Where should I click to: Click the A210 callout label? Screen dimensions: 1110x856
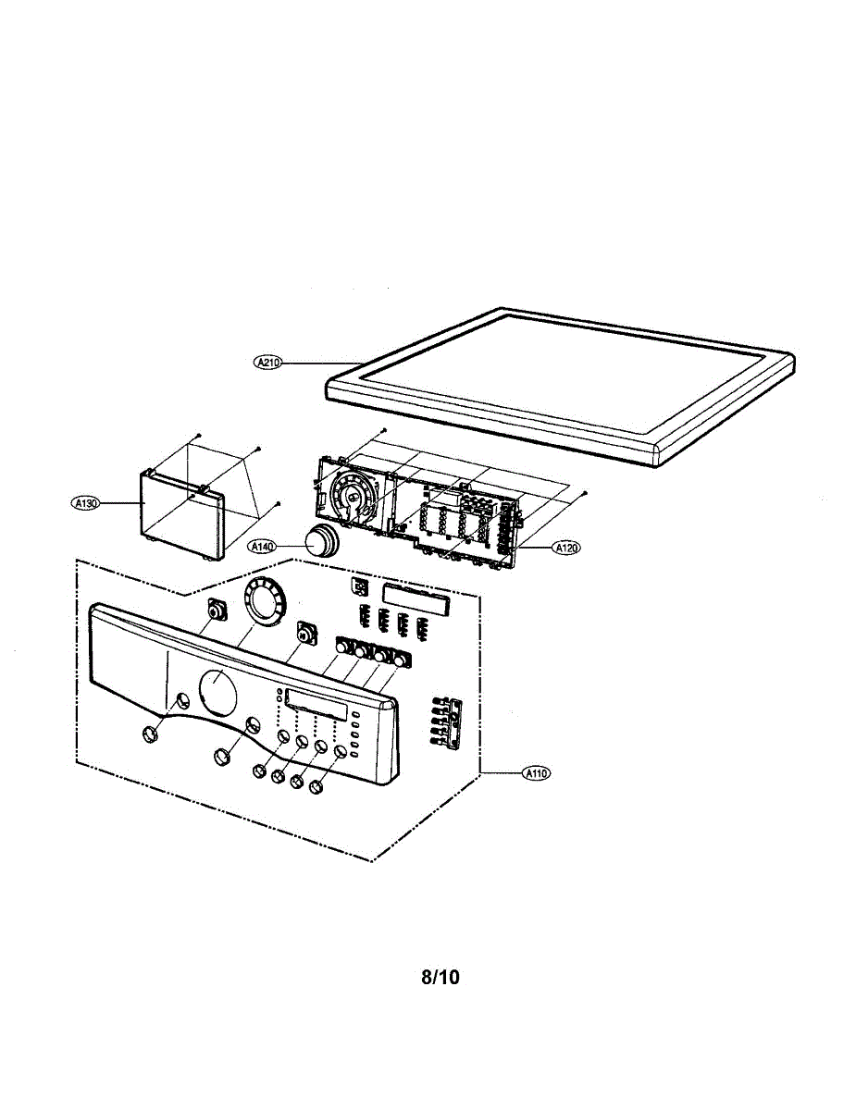coord(267,363)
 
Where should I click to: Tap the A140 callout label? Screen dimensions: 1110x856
coord(264,548)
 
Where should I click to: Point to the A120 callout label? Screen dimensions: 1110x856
coord(566,549)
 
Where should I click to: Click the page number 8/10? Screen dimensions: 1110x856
coord(440,977)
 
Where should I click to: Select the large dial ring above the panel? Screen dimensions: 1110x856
coord(266,602)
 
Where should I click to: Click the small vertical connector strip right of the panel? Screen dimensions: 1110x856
coord(445,721)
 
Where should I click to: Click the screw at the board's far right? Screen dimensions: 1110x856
coord(587,493)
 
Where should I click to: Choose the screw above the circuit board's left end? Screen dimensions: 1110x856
coord(383,432)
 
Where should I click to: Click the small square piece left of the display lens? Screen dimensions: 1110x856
coord(360,588)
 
